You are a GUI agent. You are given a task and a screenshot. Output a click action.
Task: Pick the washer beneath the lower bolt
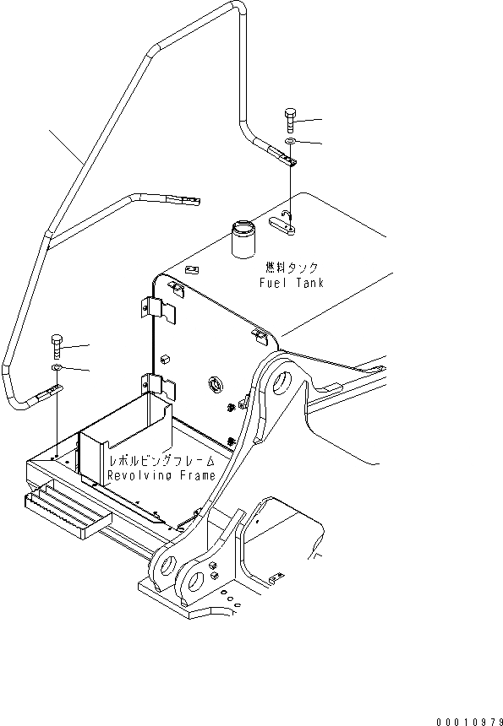55,369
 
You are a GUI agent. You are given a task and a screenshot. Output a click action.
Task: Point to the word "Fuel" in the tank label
273,284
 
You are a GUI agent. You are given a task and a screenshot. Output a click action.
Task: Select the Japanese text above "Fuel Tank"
292,268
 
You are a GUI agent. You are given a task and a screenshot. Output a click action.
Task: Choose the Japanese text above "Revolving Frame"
161,462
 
